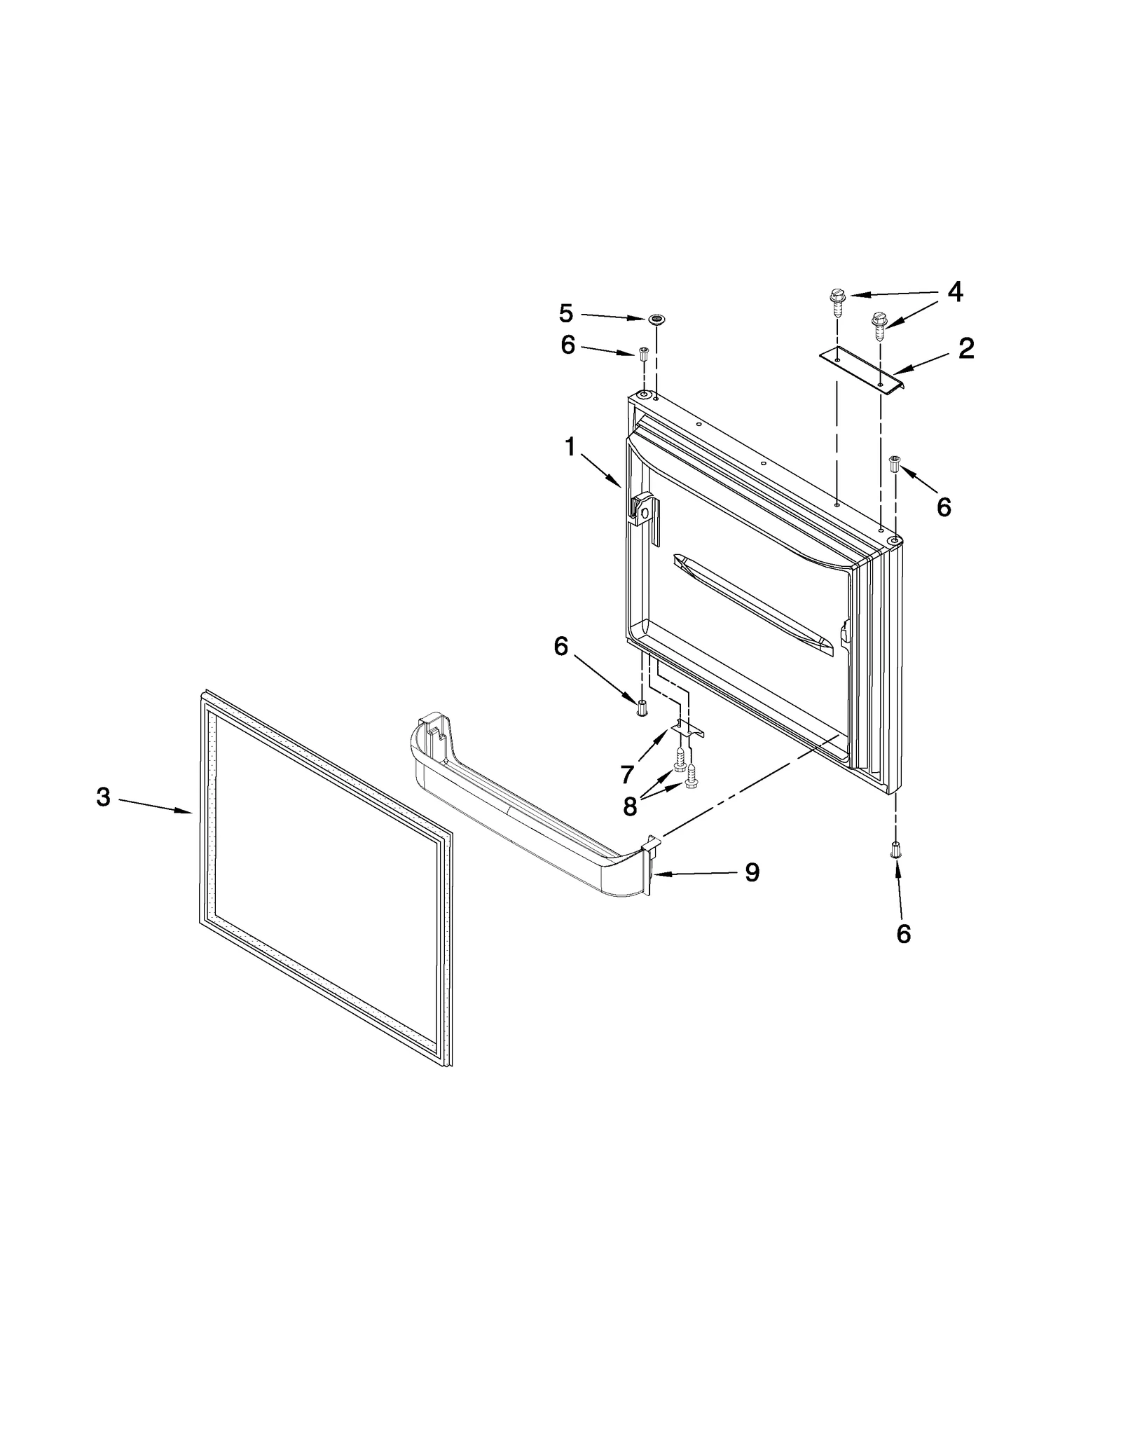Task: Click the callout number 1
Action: click(x=570, y=447)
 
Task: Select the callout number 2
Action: click(x=966, y=348)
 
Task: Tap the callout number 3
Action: click(x=103, y=797)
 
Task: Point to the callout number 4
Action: click(x=955, y=291)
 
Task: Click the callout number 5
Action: click(x=566, y=313)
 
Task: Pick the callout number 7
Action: click(x=627, y=774)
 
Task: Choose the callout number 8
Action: click(x=630, y=806)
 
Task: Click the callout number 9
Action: click(x=752, y=872)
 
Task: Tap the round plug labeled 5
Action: click(x=656, y=320)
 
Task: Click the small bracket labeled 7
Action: click(x=688, y=729)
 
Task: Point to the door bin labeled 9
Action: click(x=532, y=820)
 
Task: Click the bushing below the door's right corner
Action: click(x=895, y=850)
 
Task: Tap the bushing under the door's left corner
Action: click(x=642, y=706)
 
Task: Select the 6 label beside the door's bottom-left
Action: click(x=560, y=647)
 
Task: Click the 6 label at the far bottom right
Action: click(x=904, y=933)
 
